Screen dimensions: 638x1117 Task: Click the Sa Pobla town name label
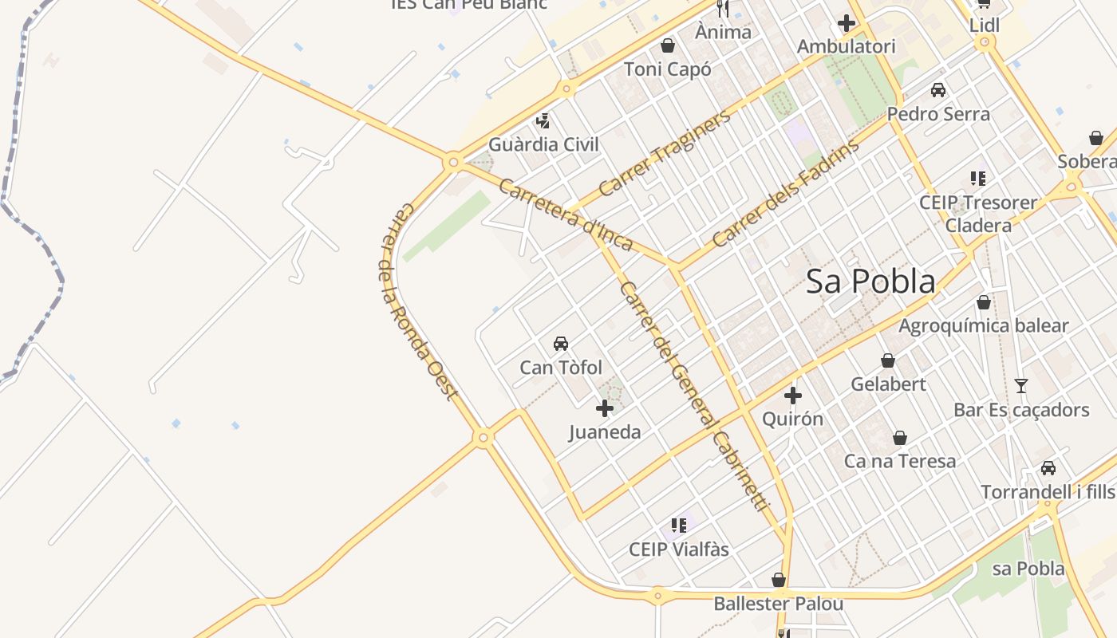click(870, 282)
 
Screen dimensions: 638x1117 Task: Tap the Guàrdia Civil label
click(543, 144)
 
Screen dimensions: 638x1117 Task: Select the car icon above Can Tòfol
click(561, 344)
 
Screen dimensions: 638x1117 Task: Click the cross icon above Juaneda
click(605, 408)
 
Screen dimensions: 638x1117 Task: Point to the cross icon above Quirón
click(792, 395)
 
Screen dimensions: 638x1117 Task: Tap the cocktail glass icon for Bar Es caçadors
click(1020, 386)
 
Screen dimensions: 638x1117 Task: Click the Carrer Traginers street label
click(664, 154)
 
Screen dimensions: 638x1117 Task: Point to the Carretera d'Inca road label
click(566, 214)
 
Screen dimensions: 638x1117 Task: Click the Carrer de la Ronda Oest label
click(416, 301)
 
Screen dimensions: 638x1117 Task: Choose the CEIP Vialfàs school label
click(679, 549)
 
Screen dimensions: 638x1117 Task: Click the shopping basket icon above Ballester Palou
click(779, 580)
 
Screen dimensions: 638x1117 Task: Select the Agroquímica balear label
click(983, 325)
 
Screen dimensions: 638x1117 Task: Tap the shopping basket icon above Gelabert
click(887, 360)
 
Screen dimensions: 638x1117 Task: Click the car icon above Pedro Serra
click(938, 90)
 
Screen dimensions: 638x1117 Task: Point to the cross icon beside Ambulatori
click(847, 24)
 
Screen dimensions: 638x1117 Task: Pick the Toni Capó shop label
click(668, 69)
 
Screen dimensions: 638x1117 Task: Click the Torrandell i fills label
click(1048, 491)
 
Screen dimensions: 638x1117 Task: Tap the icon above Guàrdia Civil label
click(543, 121)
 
